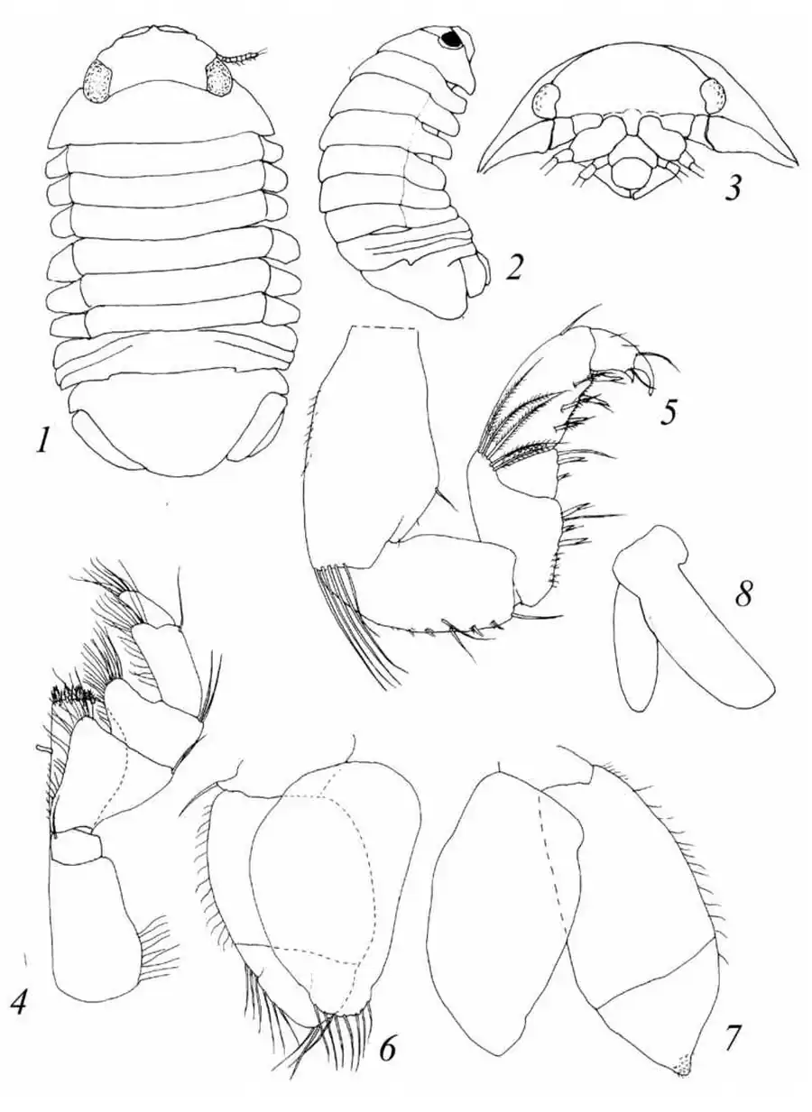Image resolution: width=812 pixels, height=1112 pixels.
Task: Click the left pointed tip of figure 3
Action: coord(481,171)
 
